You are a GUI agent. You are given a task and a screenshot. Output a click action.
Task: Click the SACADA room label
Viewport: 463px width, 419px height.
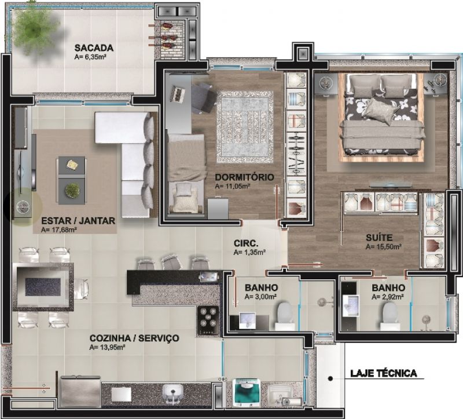(x=94, y=48)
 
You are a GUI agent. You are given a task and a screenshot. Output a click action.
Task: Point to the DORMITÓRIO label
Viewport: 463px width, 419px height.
(x=244, y=177)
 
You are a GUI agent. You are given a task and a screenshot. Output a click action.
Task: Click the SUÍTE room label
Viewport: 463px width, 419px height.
(x=379, y=238)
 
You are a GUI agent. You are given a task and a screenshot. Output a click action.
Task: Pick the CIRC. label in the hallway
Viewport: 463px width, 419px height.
(x=246, y=243)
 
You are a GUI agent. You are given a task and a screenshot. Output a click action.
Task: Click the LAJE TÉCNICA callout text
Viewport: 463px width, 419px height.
(x=384, y=373)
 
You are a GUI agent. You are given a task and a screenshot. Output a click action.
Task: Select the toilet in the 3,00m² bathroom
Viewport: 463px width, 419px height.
(x=285, y=314)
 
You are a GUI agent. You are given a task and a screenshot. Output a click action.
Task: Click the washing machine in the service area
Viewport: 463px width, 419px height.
(x=246, y=392)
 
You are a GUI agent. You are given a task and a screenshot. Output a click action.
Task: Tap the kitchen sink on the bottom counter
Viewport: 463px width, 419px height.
(x=173, y=394)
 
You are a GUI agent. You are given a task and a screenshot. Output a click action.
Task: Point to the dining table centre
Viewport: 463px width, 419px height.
(x=43, y=286)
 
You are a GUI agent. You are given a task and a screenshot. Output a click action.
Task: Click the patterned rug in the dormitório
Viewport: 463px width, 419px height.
(x=245, y=127)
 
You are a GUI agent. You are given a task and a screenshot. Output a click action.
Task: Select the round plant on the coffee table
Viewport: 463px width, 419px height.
(x=72, y=190)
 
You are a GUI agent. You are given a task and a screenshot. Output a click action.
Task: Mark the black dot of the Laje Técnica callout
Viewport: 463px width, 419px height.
(x=330, y=378)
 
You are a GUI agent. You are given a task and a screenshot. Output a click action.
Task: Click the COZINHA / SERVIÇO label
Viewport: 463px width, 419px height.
(x=134, y=338)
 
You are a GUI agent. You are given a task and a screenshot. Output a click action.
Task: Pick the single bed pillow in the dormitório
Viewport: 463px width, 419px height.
(x=183, y=190)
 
